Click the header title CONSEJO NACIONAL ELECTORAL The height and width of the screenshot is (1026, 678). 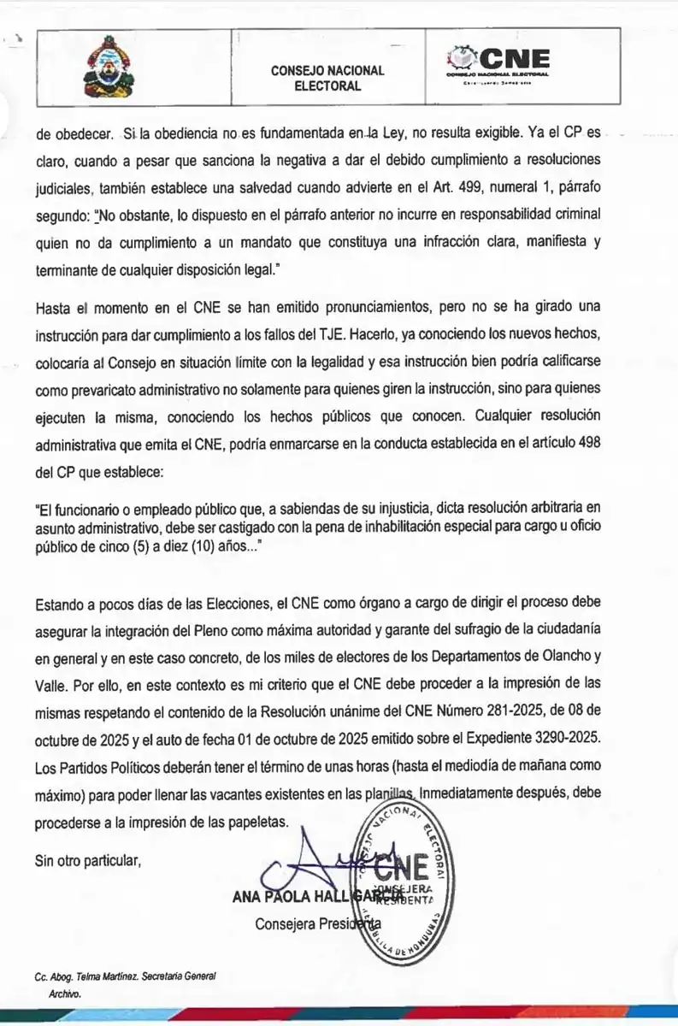click(327, 78)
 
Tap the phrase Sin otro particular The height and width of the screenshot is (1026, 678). click(87, 859)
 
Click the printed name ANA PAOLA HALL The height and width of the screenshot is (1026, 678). click(290, 897)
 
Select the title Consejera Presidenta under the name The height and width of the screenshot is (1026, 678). click(318, 924)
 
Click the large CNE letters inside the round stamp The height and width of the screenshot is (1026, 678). click(401, 867)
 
